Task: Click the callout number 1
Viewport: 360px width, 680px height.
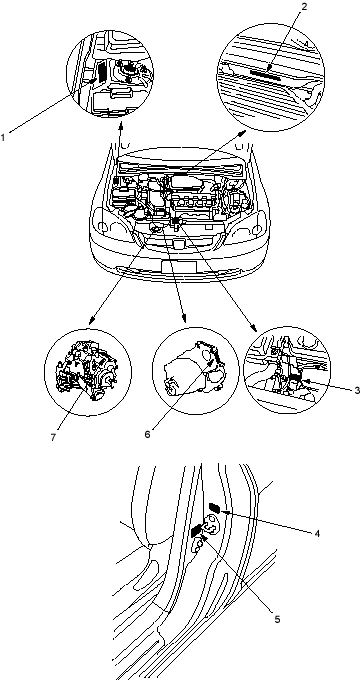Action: (x=3, y=137)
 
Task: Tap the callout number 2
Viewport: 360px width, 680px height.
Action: (x=304, y=7)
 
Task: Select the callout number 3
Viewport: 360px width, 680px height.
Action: (x=357, y=390)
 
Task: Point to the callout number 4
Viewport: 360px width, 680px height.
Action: (x=317, y=533)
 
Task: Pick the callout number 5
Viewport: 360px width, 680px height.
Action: (x=277, y=619)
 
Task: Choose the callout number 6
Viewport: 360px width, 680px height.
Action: (x=147, y=434)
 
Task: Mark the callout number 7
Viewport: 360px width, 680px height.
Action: (x=53, y=438)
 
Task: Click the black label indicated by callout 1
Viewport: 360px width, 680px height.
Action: (x=101, y=72)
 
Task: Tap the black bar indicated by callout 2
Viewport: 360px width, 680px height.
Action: (x=264, y=72)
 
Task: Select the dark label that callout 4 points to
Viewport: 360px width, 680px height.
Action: (x=214, y=507)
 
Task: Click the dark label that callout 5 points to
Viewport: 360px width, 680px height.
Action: (x=196, y=530)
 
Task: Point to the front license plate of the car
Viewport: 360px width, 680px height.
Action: (x=179, y=266)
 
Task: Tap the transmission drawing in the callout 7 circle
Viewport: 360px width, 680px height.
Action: (x=88, y=371)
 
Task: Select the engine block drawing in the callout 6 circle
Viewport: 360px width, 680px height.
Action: (x=194, y=369)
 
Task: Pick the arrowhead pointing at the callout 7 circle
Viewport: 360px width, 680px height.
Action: (x=91, y=321)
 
